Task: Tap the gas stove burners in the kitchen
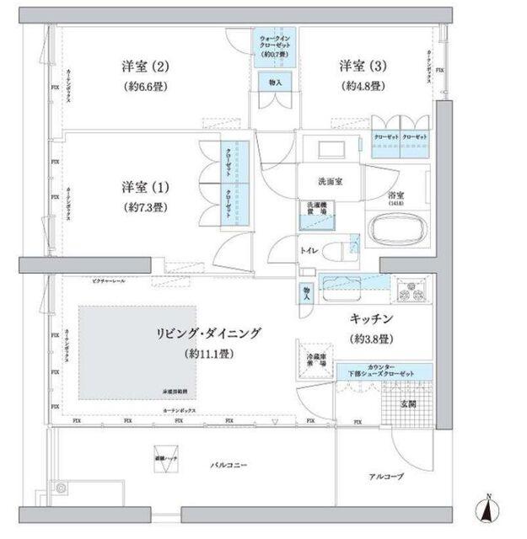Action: coord(415,290)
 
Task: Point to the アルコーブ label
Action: coord(386,477)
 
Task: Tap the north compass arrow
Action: coord(487,508)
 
